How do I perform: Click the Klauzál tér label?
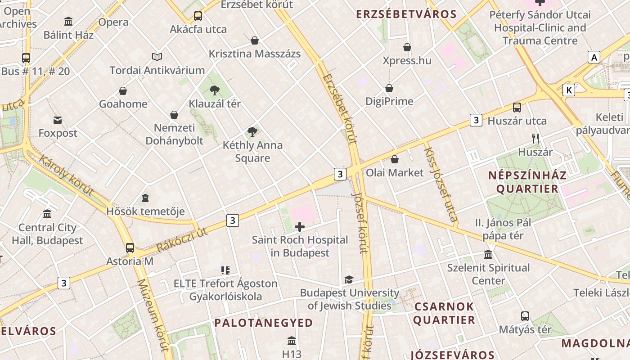[215, 103]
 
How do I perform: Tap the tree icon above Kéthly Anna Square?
[252, 132]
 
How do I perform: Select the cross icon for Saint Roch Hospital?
[300, 227]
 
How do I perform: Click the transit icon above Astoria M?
[130, 248]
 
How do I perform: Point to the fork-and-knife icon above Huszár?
[535, 139]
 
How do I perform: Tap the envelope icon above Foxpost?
[58, 120]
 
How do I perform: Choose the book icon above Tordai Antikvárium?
[157, 57]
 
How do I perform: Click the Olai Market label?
[395, 173]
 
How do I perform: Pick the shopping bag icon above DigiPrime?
[389, 88]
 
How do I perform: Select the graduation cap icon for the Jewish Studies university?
[349, 280]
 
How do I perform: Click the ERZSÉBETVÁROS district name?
[406, 14]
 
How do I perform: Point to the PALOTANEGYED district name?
[263, 323]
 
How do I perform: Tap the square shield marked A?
[594, 57]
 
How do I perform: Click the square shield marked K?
[569, 90]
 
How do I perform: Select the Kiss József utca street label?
[441, 185]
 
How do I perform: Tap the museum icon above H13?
[292, 341]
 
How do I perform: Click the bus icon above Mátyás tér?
[525, 316]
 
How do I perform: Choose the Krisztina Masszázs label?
[255, 54]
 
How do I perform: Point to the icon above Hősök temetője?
[145, 198]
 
